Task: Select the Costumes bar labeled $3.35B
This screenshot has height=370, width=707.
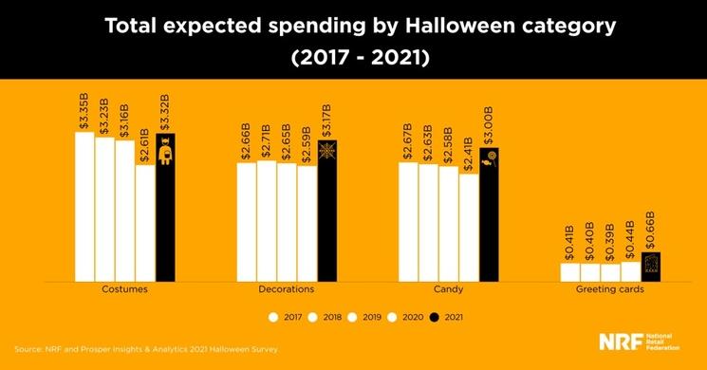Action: (x=84, y=207)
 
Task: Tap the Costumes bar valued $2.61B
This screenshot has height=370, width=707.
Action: (x=144, y=223)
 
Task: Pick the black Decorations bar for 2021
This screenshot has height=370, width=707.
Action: (x=327, y=211)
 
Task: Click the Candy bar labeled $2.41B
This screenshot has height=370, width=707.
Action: (x=469, y=228)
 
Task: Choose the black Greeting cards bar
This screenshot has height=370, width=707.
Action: (x=650, y=267)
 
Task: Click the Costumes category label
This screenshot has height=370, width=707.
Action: (x=124, y=289)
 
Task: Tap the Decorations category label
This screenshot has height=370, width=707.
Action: (x=287, y=289)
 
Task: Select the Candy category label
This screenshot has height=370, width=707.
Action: (x=449, y=289)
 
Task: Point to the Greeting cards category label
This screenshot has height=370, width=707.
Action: (x=610, y=289)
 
